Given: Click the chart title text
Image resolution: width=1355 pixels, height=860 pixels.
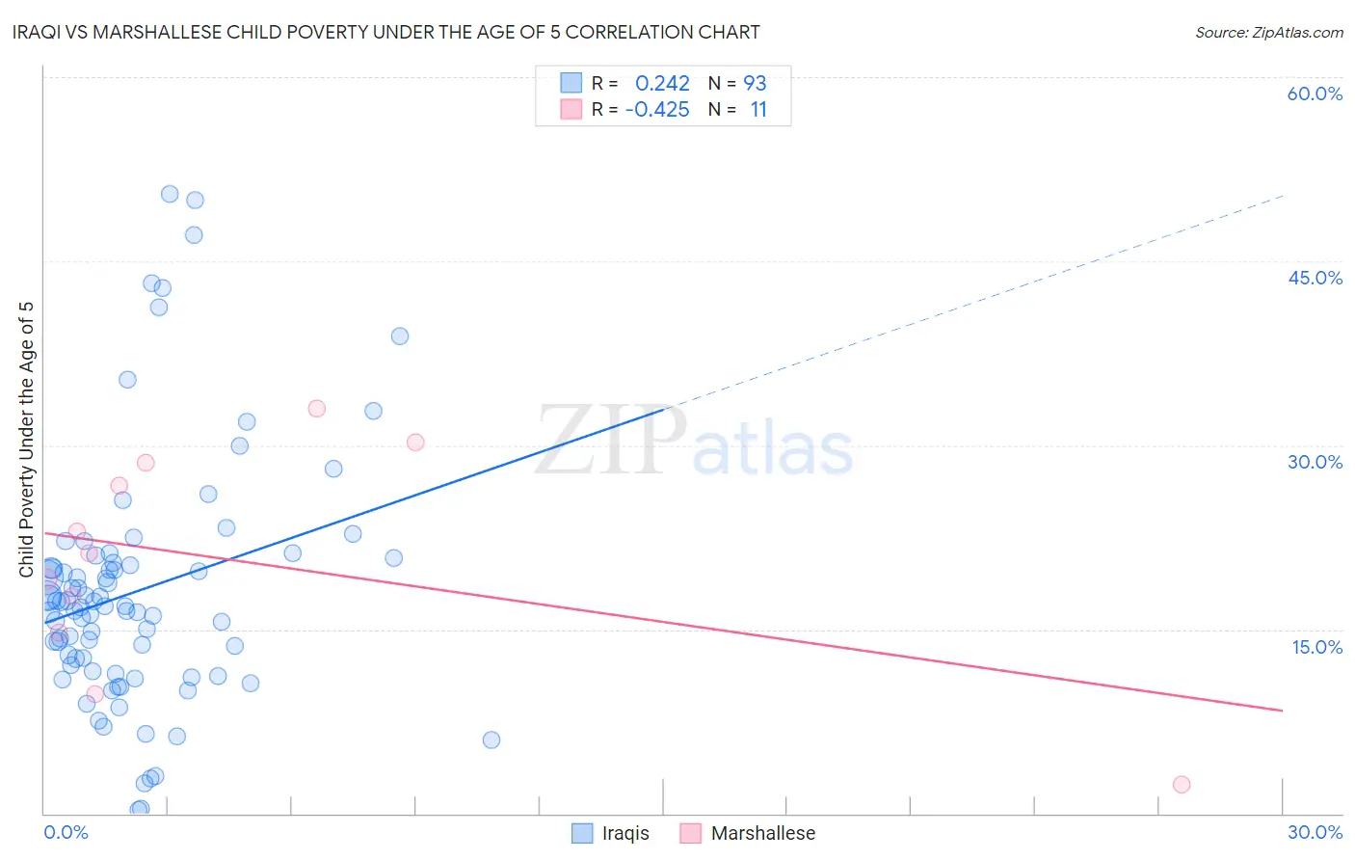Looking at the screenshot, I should click(x=385, y=32).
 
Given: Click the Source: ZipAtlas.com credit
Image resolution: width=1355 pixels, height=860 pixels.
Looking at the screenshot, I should click(x=1268, y=32).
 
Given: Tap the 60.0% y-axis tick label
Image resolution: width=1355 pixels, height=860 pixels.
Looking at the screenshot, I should click(x=1315, y=94).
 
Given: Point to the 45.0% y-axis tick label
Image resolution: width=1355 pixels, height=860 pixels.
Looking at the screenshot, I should click(x=1315, y=278).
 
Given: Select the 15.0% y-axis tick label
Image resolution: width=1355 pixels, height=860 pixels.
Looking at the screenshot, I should click(x=1316, y=647).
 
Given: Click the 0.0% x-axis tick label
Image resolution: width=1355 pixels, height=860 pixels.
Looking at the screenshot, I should click(x=66, y=832).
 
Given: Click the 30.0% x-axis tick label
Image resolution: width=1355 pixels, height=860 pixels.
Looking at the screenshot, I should click(x=1315, y=832).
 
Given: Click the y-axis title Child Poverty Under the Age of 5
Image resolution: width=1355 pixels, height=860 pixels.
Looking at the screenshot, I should click(x=27, y=440).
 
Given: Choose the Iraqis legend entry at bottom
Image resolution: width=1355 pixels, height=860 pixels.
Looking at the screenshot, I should click(x=610, y=833).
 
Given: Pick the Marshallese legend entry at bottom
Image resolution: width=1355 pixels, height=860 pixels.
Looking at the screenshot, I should click(x=748, y=833).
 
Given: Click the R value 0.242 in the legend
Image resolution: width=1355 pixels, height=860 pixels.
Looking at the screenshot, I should click(x=662, y=84).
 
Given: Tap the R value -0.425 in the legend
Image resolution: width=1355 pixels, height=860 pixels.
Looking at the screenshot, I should click(x=657, y=110).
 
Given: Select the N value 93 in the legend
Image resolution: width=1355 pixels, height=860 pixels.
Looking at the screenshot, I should click(x=755, y=84).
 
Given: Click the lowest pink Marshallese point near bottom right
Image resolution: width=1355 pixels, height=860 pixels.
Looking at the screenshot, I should click(x=1182, y=785).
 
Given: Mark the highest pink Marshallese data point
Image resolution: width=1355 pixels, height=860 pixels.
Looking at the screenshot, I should click(x=316, y=409).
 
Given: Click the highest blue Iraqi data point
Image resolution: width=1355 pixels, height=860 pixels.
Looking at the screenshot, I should click(x=170, y=194).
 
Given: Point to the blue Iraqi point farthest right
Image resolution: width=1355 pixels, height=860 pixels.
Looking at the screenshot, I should click(x=492, y=740).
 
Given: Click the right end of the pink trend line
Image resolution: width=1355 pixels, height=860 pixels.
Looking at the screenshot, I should click(x=1283, y=711).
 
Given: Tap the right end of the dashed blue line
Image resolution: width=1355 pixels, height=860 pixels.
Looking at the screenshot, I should click(x=1283, y=196).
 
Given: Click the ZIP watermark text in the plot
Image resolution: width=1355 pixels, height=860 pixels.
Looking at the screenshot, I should click(x=610, y=442).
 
